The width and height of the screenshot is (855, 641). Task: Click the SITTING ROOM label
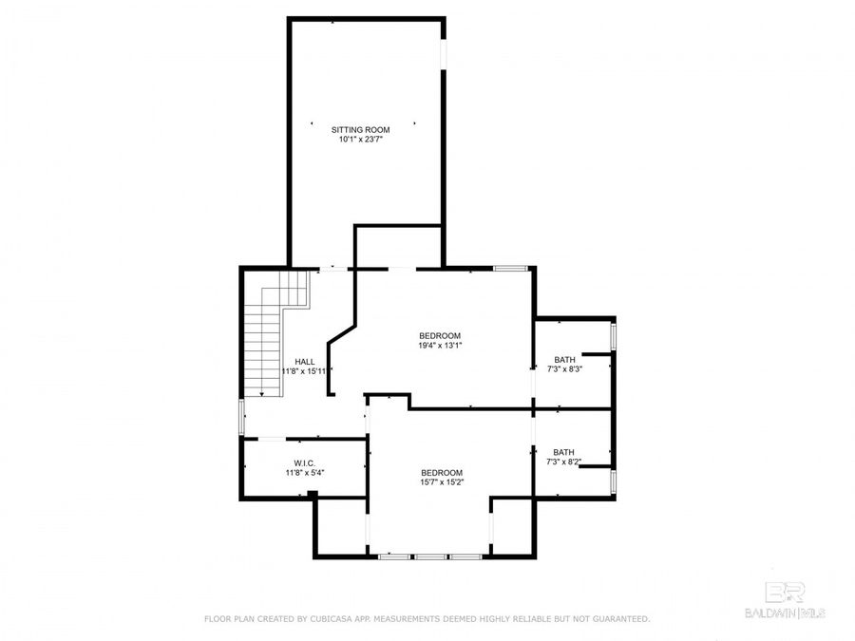361,129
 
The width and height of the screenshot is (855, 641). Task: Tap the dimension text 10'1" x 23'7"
361,140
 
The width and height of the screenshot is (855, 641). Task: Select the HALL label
305,361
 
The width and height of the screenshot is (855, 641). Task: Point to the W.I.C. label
304,462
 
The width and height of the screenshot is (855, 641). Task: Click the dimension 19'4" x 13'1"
440,346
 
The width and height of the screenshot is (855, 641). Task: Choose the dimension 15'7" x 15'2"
442,482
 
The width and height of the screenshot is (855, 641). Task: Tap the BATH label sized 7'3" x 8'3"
564,359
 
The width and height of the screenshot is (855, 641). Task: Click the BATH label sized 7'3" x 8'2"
564,452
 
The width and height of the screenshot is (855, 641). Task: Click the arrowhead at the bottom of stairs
262,392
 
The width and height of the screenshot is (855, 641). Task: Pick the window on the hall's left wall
241,417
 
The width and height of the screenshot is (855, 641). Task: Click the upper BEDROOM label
440,335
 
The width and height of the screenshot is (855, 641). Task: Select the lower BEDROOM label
442,472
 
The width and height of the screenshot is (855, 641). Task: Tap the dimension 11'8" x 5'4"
304,472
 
